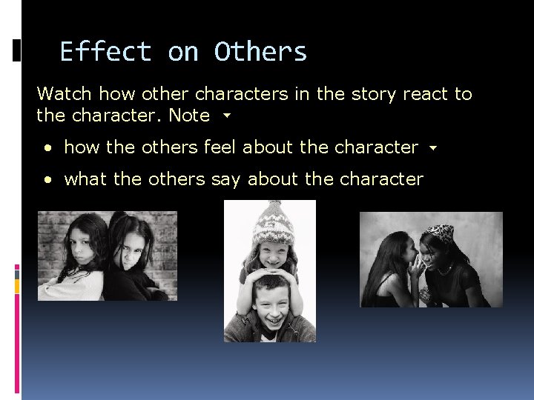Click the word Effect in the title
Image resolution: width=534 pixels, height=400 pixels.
pos(105,52)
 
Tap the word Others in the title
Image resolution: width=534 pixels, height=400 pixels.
pos(260,52)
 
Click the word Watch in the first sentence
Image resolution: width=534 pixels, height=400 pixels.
pos(65,94)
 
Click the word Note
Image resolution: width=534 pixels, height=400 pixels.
pos(189,116)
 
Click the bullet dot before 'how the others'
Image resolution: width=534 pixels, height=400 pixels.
pos(48,148)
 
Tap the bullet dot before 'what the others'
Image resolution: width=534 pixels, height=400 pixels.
pos(48,180)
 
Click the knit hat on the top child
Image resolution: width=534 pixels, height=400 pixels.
pos(272,221)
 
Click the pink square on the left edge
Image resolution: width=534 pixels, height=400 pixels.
pos(17,269)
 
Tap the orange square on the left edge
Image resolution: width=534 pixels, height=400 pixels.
pos(17,283)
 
